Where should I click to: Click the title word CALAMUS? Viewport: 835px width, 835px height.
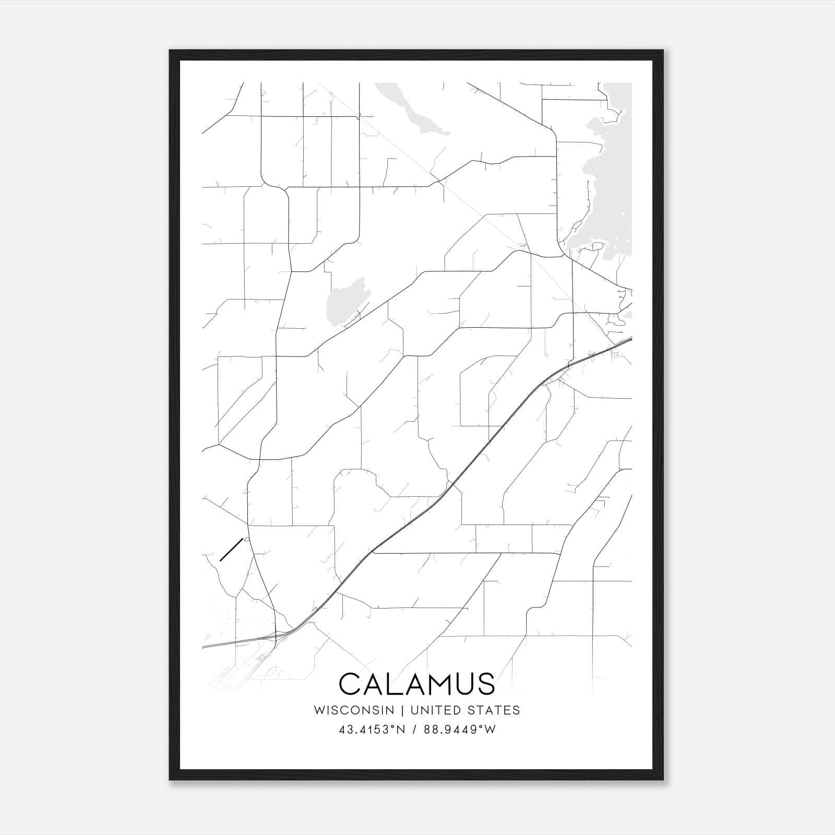[416, 684]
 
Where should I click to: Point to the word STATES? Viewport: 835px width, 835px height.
[498, 710]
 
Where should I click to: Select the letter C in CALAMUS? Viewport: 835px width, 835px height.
[350, 684]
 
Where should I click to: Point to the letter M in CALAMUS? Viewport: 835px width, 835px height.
[431, 684]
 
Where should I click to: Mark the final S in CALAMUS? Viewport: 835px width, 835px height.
[484, 684]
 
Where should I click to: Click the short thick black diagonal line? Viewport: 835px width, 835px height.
[231, 550]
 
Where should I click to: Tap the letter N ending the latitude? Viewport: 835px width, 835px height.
[401, 730]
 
